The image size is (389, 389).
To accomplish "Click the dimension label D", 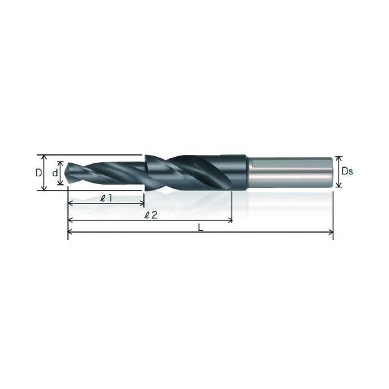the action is click(x=39, y=172).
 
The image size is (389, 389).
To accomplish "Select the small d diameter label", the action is click(x=55, y=172).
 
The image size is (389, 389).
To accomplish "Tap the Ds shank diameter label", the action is click(x=347, y=171).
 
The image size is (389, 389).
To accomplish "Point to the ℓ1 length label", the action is click(x=106, y=198).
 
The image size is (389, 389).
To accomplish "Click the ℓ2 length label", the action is click(x=151, y=215).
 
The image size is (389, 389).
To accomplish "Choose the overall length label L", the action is click(x=200, y=228).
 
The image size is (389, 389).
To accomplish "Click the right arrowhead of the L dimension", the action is click(x=331, y=232).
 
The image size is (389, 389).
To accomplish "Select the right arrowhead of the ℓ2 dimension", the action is click(x=230, y=220).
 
